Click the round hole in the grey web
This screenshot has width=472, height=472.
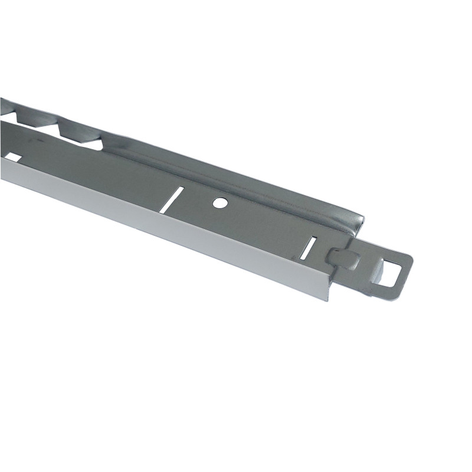(219, 202)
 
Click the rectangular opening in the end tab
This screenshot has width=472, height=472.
(391, 273)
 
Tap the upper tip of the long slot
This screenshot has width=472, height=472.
(182, 189)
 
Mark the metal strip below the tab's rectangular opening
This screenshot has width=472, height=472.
(386, 289)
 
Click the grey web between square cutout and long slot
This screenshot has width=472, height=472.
(88, 171)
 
